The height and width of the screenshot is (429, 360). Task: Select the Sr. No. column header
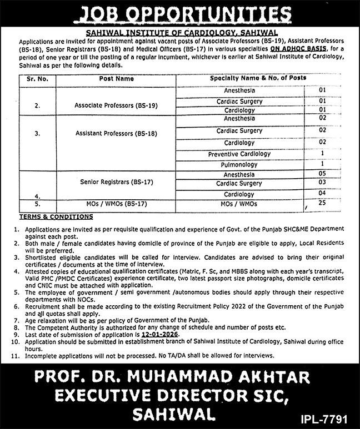37,79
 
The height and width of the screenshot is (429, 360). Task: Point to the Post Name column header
117,79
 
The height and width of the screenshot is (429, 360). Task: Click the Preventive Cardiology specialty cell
239,154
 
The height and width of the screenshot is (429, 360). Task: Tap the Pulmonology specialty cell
240,165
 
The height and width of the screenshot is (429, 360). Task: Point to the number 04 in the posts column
322,194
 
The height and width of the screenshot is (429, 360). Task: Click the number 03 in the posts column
322,183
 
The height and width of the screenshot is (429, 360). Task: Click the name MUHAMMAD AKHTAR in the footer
227,378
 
